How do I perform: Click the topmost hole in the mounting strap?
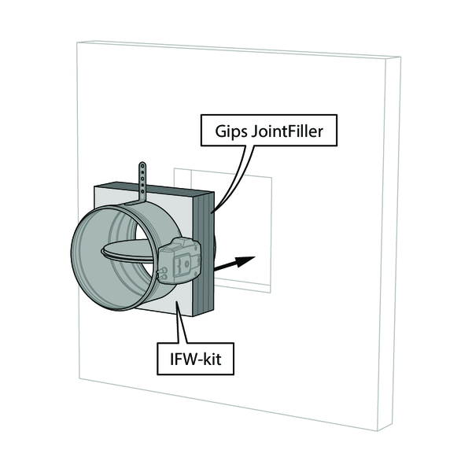[x=142, y=167]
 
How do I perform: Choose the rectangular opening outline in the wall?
[x=271, y=236]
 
